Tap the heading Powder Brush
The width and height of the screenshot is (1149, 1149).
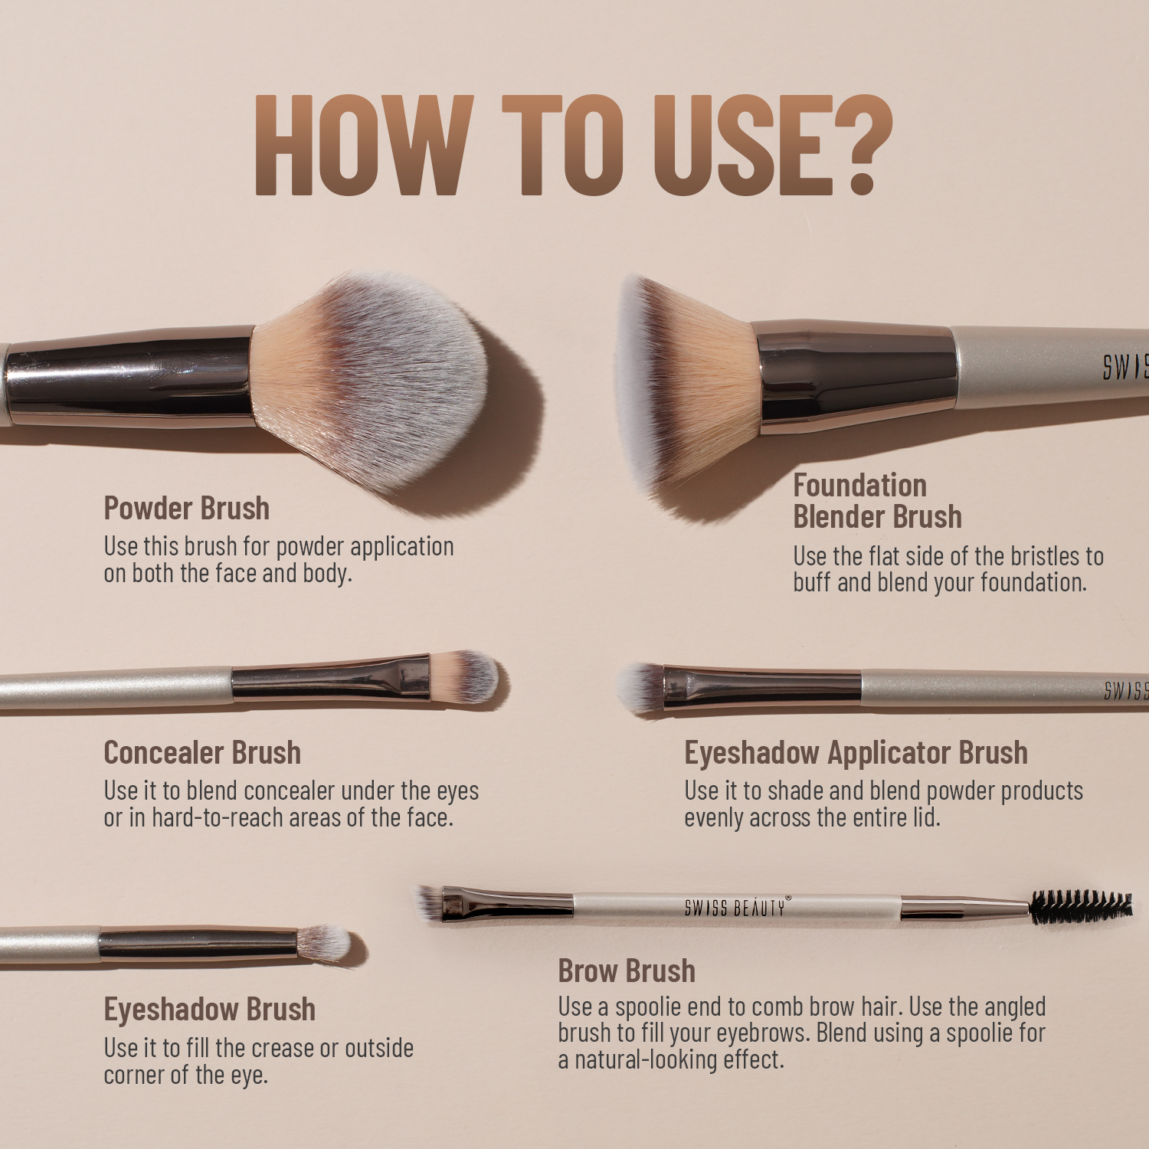pos(186,509)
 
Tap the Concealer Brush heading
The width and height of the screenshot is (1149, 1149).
pos(202,753)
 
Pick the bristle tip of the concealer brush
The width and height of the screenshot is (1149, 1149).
pos(467,677)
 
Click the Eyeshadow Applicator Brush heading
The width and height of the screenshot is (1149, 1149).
pos(856,753)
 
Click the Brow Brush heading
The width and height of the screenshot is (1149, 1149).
pos(627,971)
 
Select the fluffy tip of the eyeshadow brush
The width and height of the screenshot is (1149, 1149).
pos(325,942)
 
